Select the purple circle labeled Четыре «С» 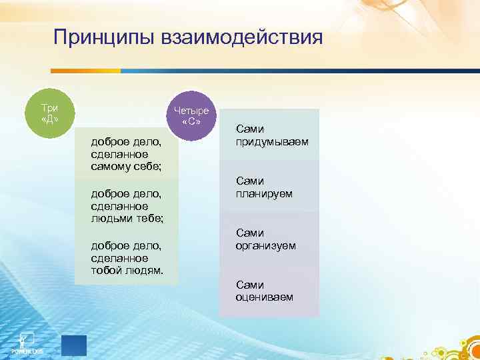pyautogui.click(x=191, y=116)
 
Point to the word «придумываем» pyautogui.click(x=271, y=142)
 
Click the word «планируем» pyautogui.click(x=264, y=194)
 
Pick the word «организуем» pyautogui.click(x=265, y=246)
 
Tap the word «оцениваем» pyautogui.click(x=264, y=297)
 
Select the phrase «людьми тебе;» pyautogui.click(x=127, y=218)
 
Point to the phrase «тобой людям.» pyautogui.click(x=127, y=270)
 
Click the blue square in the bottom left pyautogui.click(x=73, y=345)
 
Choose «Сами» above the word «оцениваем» pyautogui.click(x=250, y=285)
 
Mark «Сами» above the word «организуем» pyautogui.click(x=250, y=233)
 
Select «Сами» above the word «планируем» pyautogui.click(x=250, y=181)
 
